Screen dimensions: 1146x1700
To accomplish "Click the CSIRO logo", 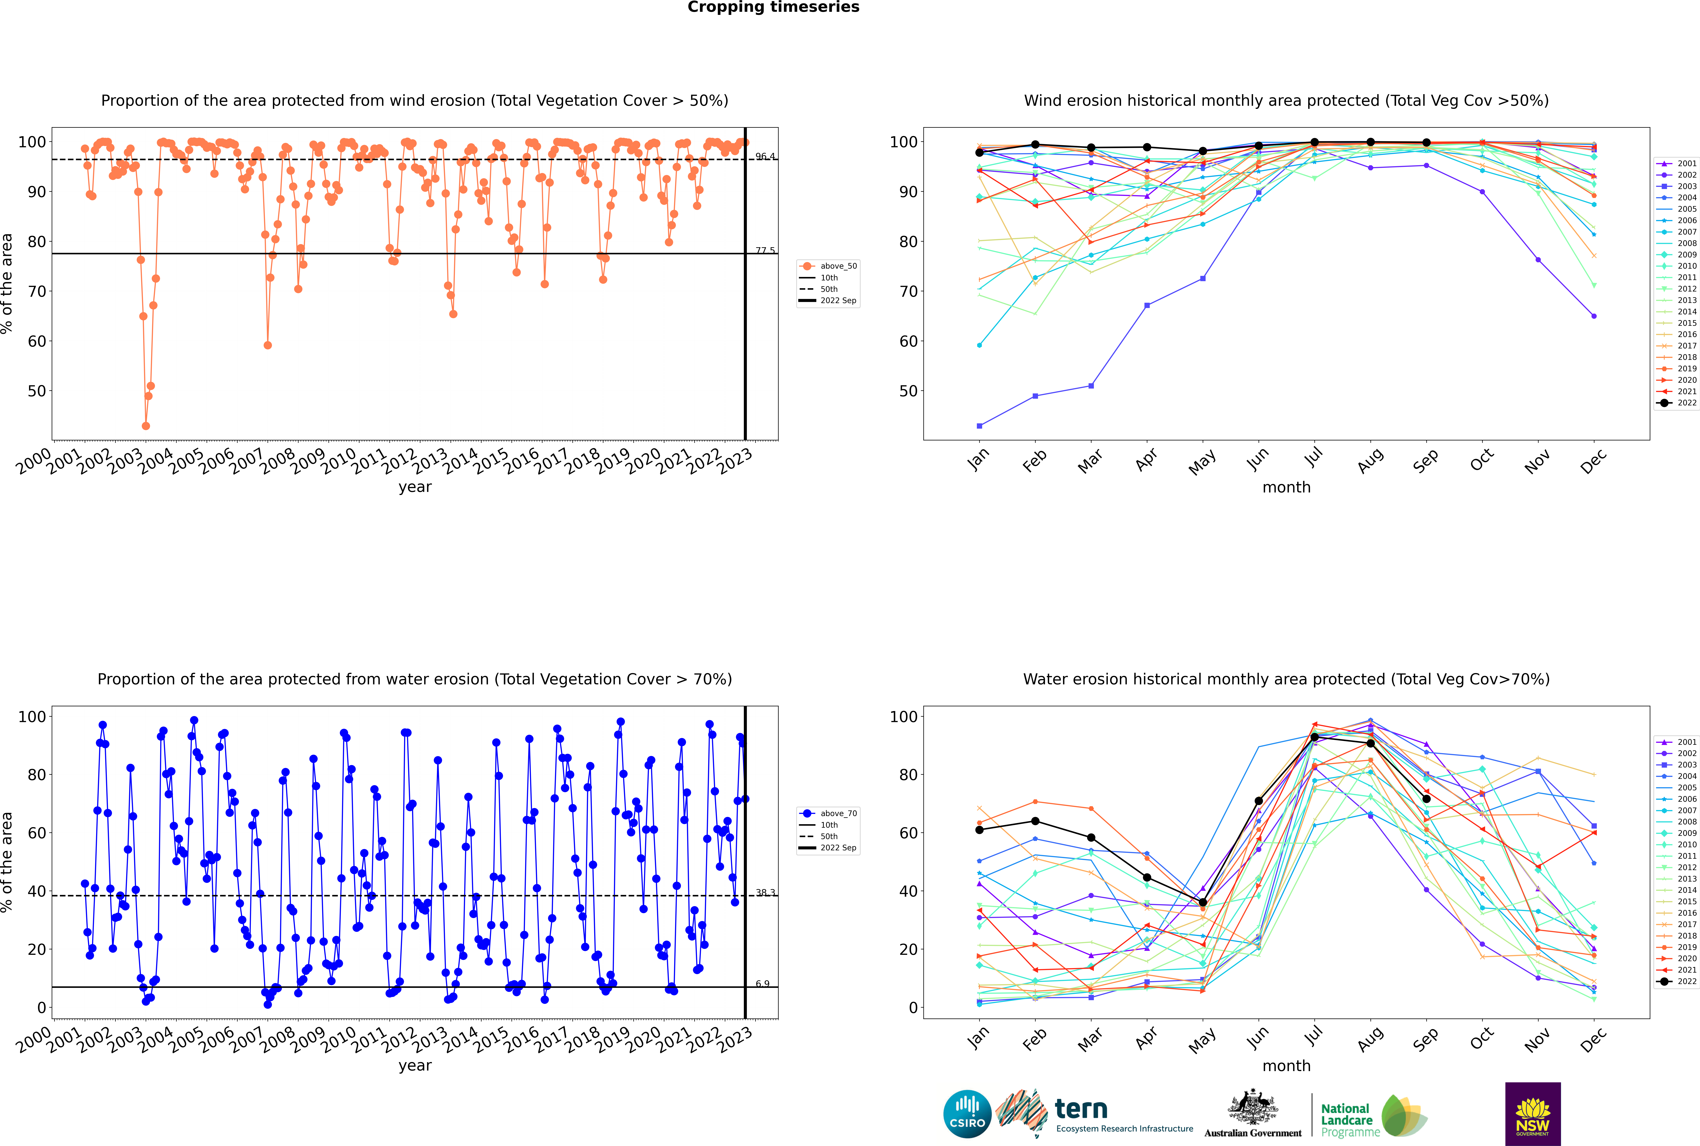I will tap(967, 1114).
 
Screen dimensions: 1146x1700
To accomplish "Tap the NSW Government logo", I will tap(1533, 1113).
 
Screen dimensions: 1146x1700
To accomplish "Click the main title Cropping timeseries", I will tap(773, 7).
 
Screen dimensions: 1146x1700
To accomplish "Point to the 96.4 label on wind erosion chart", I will tap(765, 156).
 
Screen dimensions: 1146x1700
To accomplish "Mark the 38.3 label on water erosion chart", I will tap(765, 892).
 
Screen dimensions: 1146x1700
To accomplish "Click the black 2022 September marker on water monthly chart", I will tap(1426, 799).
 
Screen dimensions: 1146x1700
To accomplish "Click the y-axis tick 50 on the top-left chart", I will tap(36, 391).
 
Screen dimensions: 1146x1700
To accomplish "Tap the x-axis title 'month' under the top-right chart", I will tap(1286, 488).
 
